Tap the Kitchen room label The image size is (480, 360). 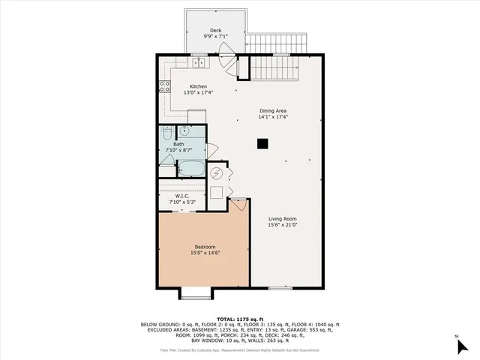click(x=198, y=86)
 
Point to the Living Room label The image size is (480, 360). click(x=284, y=219)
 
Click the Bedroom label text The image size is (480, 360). click(x=205, y=247)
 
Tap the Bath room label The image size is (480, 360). click(x=179, y=144)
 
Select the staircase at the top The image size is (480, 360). click(x=278, y=68)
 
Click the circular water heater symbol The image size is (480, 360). click(x=217, y=174)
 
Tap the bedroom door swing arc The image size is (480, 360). click(x=239, y=205)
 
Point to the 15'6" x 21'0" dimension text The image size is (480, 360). click(x=284, y=226)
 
